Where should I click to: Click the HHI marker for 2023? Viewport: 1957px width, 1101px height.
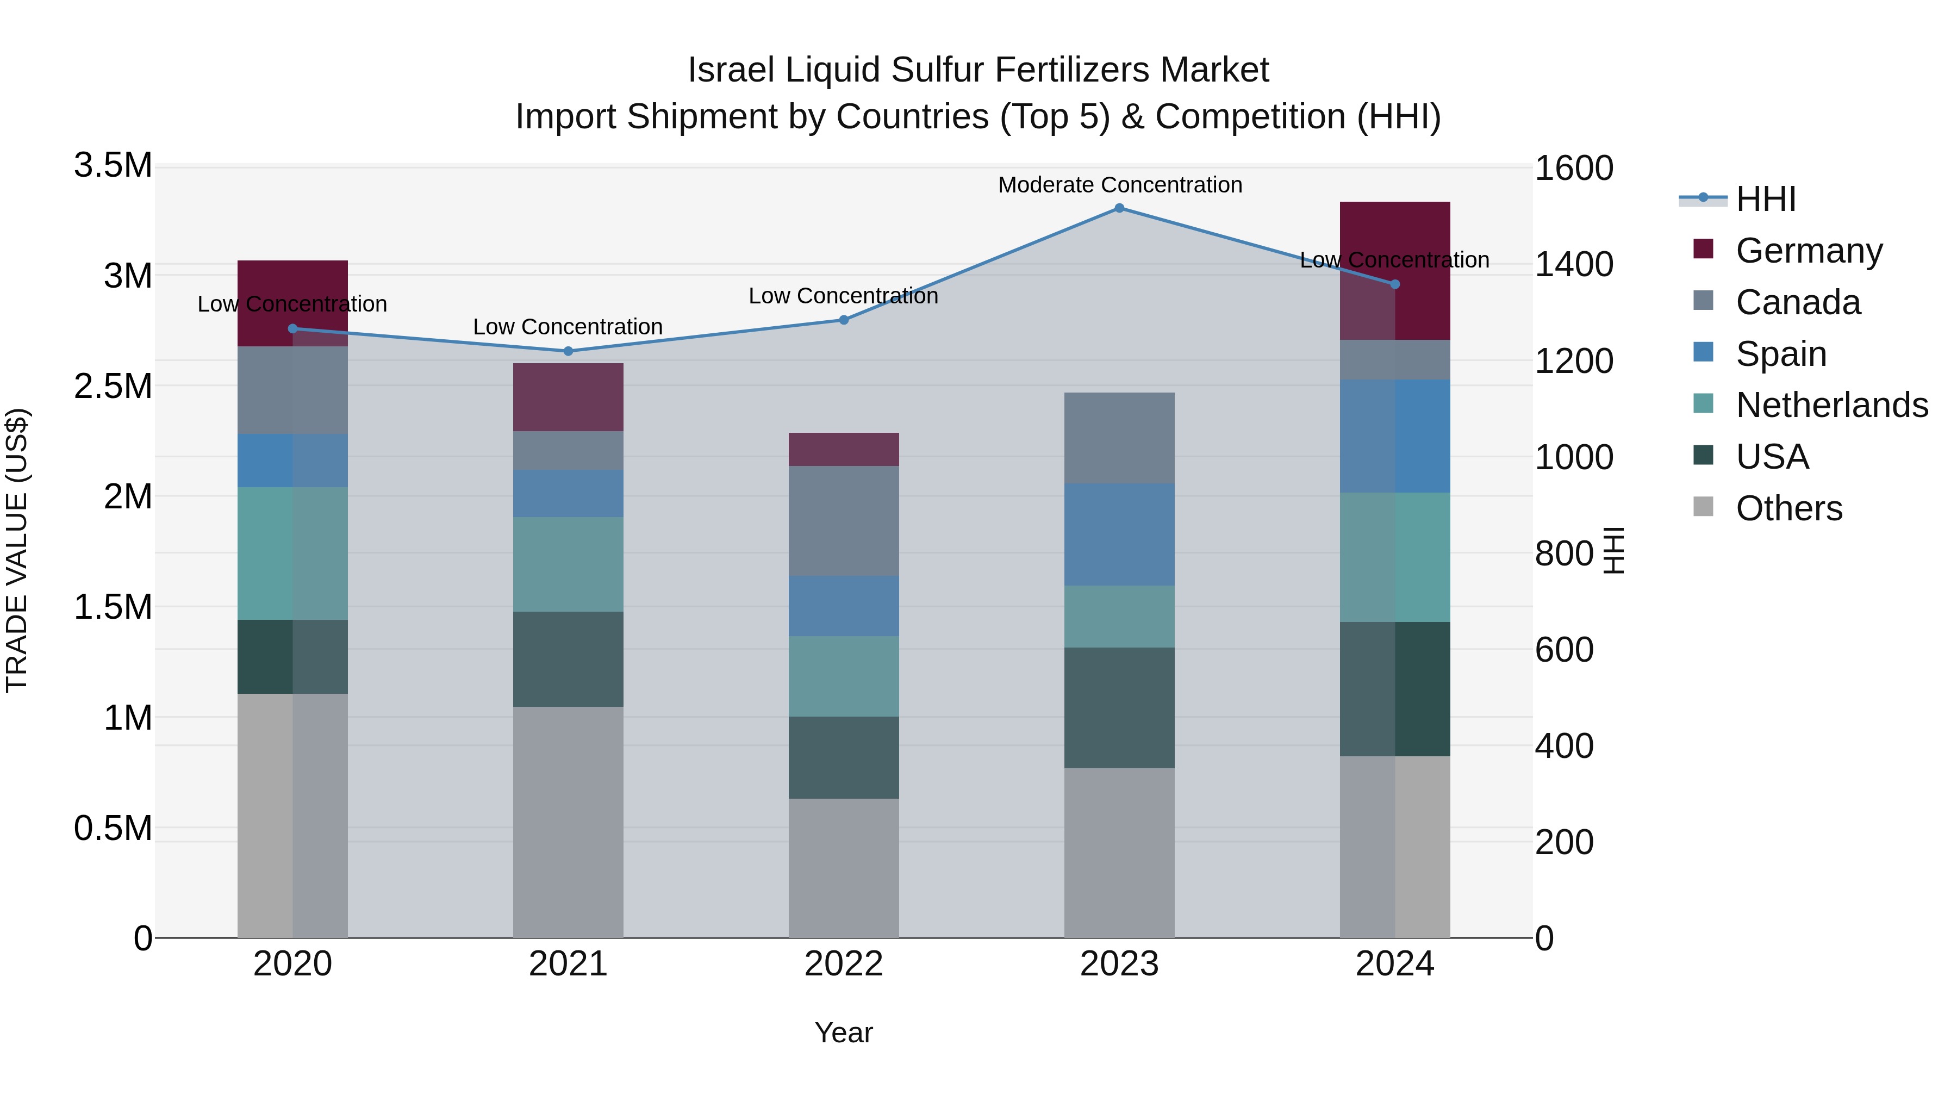point(1119,208)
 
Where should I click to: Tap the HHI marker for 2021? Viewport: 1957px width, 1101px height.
point(568,351)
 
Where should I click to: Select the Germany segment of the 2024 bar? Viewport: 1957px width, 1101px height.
point(1395,271)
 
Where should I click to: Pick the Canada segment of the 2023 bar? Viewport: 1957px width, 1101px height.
point(1119,438)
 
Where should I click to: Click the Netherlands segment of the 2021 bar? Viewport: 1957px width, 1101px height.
point(568,564)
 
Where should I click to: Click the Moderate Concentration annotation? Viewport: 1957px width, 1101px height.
point(1120,185)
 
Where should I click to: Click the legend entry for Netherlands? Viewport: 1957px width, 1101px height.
point(1831,405)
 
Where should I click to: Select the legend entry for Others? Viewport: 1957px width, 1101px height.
point(1789,508)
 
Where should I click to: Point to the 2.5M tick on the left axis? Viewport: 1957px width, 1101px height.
point(113,386)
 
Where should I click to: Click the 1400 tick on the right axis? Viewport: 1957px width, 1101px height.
point(1573,264)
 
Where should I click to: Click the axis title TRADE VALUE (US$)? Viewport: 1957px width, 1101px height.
point(17,551)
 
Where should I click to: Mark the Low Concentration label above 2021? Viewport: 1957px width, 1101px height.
point(568,327)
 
